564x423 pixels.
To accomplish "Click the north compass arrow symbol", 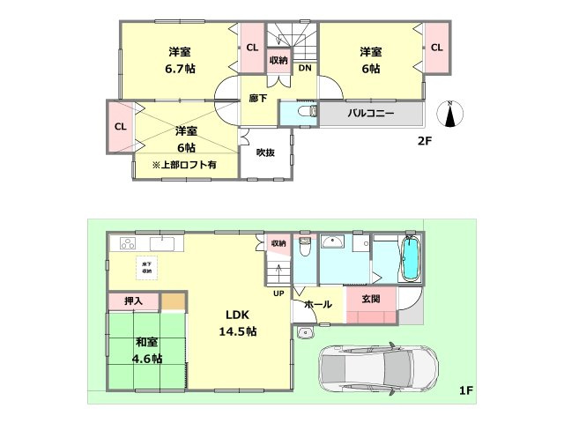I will pos(450,115).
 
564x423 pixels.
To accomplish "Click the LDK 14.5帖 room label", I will pos(237,323).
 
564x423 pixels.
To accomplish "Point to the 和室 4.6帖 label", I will pos(147,350).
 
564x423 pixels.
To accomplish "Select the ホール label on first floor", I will pos(317,305).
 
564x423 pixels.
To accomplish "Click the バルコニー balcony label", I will pos(370,115).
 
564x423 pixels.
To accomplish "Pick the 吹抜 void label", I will pos(265,152).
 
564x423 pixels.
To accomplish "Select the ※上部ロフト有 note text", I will pos(183,165).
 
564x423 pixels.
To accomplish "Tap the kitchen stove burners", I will pos(129,243).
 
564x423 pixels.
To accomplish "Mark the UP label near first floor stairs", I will pos(278,293).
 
